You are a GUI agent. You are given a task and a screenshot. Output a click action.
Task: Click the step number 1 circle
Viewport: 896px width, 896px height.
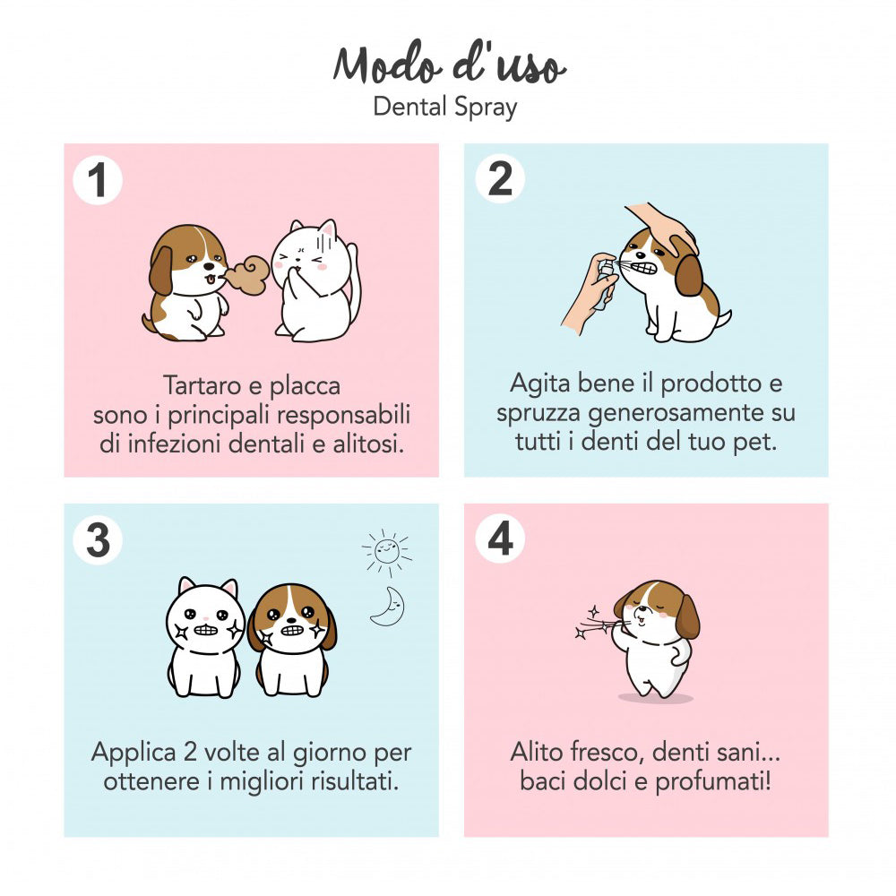pos(98,181)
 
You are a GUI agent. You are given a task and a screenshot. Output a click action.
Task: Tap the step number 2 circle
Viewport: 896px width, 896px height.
pos(500,179)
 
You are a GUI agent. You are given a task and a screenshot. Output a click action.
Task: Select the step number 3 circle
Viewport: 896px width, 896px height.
pos(98,539)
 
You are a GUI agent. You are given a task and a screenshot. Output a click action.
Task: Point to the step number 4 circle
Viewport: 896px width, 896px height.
pos(500,539)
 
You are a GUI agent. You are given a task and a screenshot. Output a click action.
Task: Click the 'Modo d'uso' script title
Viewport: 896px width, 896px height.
pos(448,65)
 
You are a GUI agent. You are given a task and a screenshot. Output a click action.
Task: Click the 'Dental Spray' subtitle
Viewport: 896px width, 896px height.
pos(445,108)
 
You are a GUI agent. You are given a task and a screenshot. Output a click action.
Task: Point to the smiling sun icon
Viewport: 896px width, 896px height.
pos(387,549)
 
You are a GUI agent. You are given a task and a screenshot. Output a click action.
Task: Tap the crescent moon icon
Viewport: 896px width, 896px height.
pos(388,607)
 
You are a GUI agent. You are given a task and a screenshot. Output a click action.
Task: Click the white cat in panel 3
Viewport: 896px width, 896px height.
pos(205,638)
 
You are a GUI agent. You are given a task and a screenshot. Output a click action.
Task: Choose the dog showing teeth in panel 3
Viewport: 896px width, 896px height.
pos(292,638)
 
